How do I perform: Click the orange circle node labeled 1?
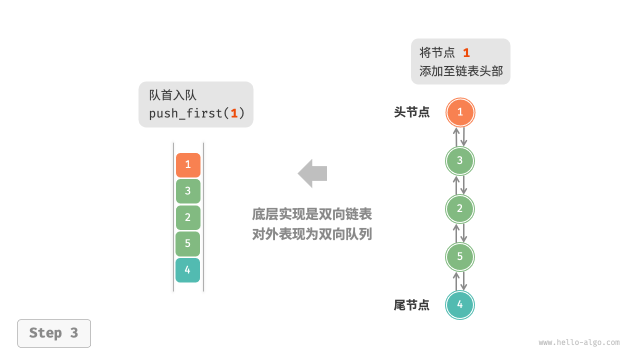[460, 112]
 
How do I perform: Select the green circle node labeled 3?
[460, 160]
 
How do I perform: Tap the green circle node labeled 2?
[460, 208]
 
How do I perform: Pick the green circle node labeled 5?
[460, 256]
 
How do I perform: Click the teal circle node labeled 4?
[460, 304]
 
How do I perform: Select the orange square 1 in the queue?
[188, 165]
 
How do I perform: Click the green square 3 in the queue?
[188, 191]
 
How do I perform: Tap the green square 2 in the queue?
[188, 217]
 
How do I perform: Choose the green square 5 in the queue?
[188, 244]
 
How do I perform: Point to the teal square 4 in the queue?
[188, 270]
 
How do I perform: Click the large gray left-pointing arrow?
[312, 173]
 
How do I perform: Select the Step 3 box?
[54, 333]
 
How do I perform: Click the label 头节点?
[411, 112]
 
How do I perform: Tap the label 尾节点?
[411, 305]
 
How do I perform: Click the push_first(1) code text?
[196, 113]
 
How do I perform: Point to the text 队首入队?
[172, 95]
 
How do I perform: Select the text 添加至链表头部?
[460, 71]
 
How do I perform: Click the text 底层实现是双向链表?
[312, 214]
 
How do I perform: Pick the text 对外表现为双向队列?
[312, 234]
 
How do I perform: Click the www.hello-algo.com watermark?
[579, 342]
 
